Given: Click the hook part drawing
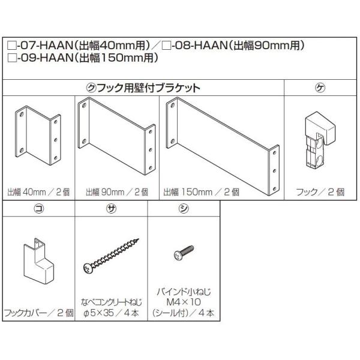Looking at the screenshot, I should (321, 138).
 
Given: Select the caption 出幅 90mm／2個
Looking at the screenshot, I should (116, 193).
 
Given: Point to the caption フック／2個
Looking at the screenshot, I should (321, 193).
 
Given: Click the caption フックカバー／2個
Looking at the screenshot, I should (38, 313).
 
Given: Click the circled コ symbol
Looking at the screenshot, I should (38, 208).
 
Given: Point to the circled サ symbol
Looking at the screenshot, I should (111, 208).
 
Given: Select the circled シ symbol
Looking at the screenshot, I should (183, 208).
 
